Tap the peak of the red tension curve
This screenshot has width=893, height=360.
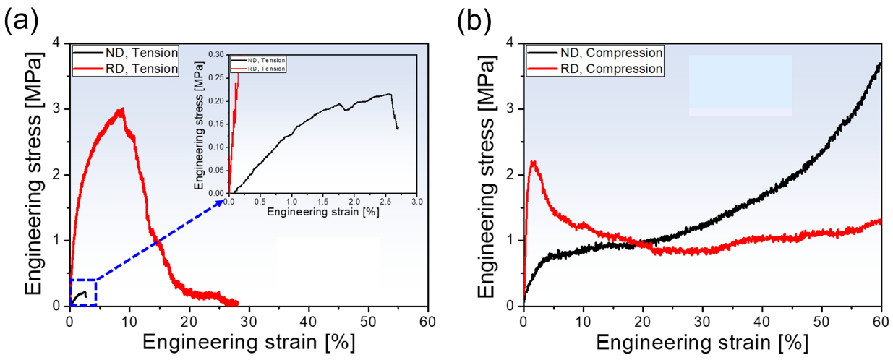tap(122, 109)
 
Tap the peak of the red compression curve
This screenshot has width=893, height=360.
tap(533, 162)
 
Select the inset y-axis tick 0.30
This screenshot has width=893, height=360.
tap(216, 54)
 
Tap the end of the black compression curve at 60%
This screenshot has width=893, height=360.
tap(880, 64)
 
